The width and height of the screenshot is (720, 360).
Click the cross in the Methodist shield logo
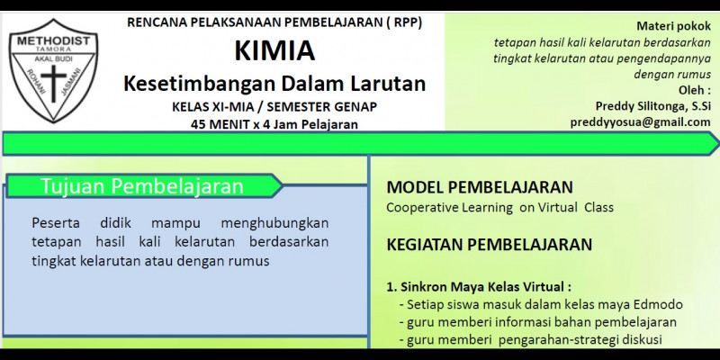(x=54, y=83)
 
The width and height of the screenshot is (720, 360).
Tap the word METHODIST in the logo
(x=54, y=41)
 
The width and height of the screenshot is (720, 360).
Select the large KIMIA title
(x=274, y=50)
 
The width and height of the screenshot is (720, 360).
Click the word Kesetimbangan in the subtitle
(x=198, y=84)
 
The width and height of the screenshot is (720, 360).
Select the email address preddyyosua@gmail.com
(x=641, y=122)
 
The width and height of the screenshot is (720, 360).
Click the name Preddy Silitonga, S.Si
(x=653, y=106)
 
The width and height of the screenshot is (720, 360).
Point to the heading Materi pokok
(x=673, y=26)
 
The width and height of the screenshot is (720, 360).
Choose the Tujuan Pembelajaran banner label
(x=142, y=186)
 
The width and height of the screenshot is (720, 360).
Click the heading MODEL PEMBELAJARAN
(x=480, y=187)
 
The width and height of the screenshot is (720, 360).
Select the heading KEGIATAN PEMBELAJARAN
(x=490, y=245)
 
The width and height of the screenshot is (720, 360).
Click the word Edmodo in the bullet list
(x=658, y=304)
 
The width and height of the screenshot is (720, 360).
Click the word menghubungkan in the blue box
(x=274, y=224)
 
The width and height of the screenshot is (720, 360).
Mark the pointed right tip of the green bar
(x=718, y=144)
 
